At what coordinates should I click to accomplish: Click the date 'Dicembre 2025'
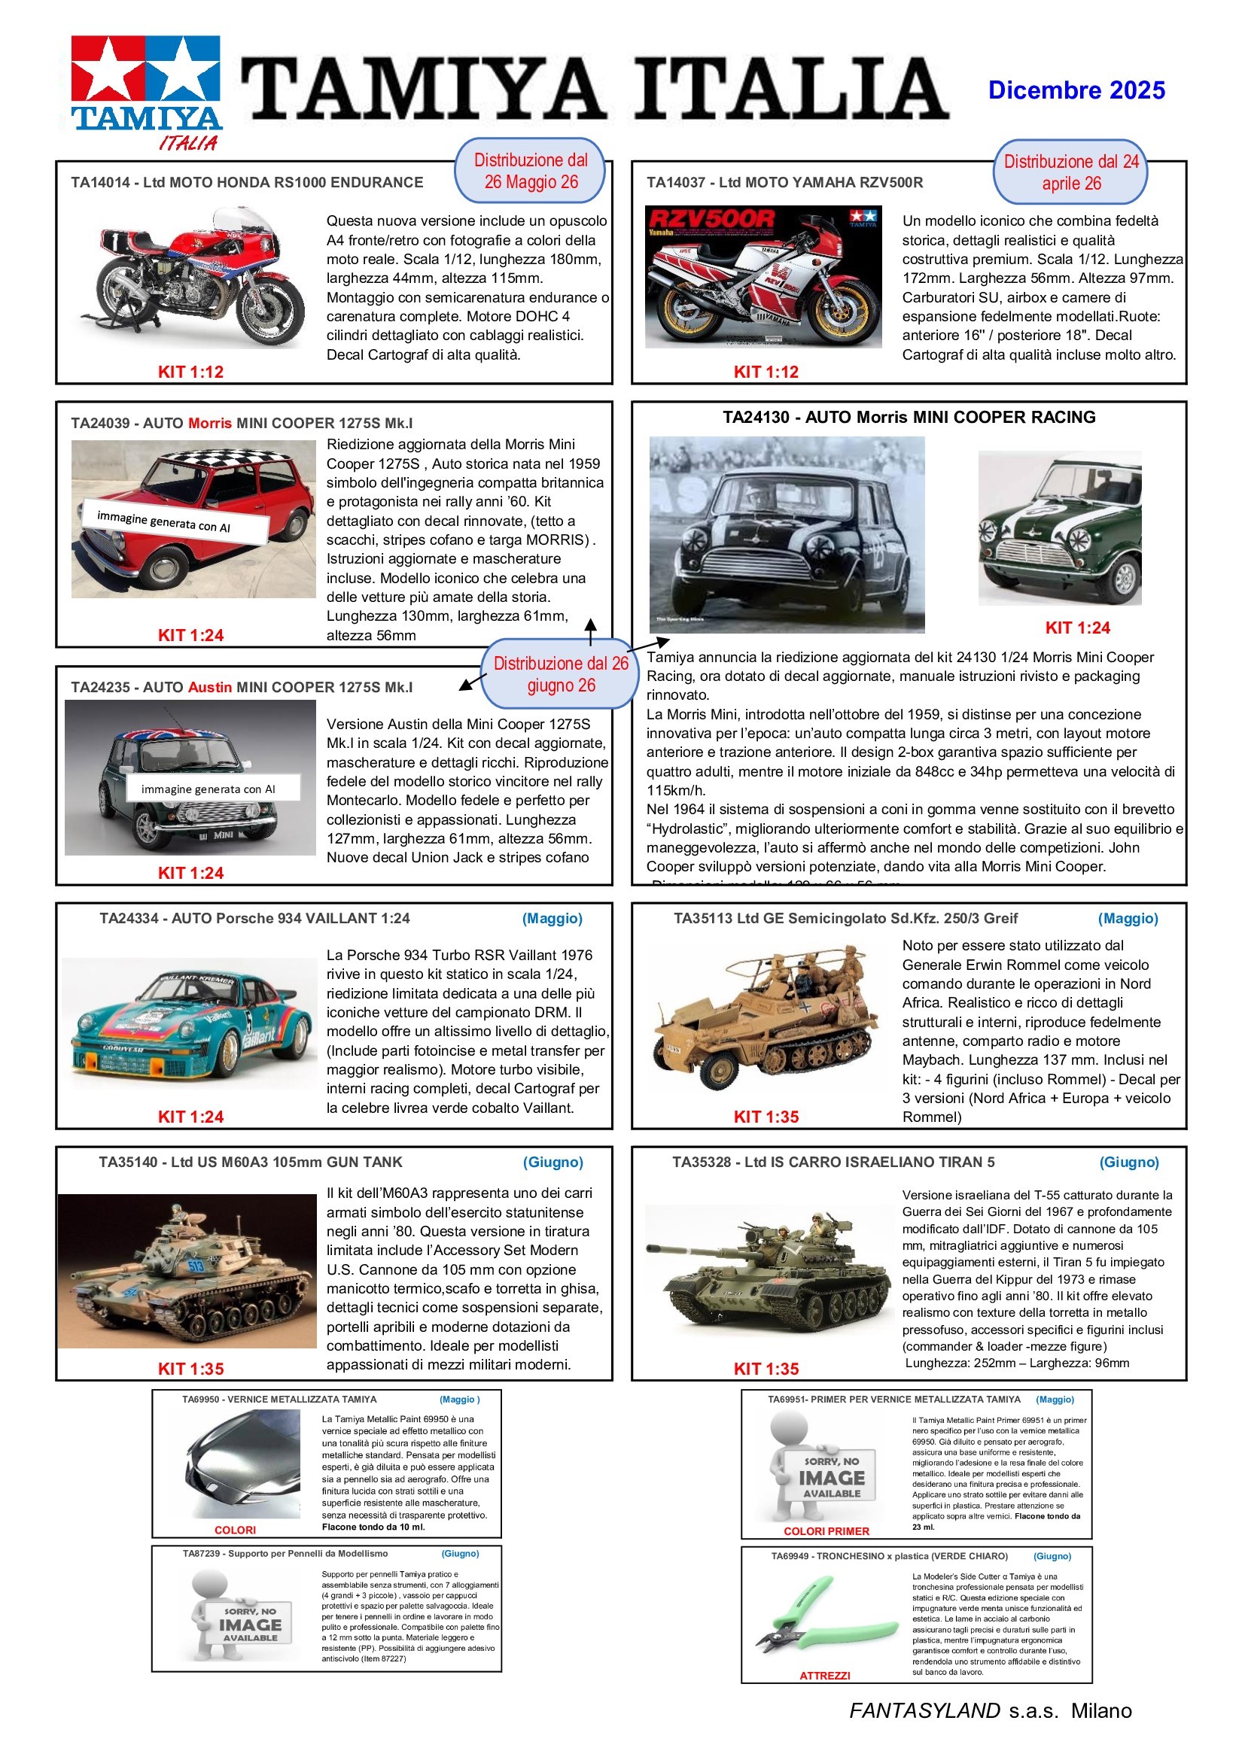1076,90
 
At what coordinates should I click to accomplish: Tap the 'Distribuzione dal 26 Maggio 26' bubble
531,171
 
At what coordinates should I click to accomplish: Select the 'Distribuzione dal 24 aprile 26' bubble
1070,172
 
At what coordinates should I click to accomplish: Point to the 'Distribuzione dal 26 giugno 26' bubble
561,674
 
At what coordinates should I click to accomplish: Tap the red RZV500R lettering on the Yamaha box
711,219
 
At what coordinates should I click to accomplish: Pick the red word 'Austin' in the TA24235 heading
209,688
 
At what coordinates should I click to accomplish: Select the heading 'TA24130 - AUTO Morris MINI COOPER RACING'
909,418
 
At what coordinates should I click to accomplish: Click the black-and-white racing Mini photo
787,534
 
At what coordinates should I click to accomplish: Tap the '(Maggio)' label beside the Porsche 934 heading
552,918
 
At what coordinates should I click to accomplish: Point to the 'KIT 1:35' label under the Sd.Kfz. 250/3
766,1117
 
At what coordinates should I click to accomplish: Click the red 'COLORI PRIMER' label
826,1531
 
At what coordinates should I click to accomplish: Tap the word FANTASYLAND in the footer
924,1711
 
